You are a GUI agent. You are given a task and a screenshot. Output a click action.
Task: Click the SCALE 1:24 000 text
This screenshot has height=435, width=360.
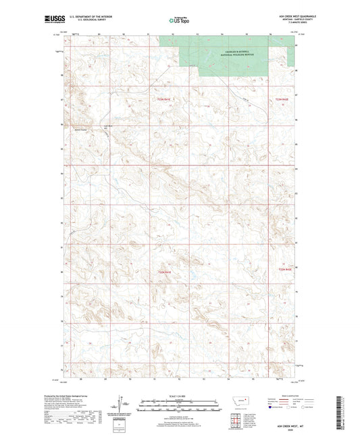pyautogui.click(x=180, y=395)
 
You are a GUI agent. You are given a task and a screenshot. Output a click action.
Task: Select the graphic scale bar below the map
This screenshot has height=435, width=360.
pyautogui.click(x=180, y=407)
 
